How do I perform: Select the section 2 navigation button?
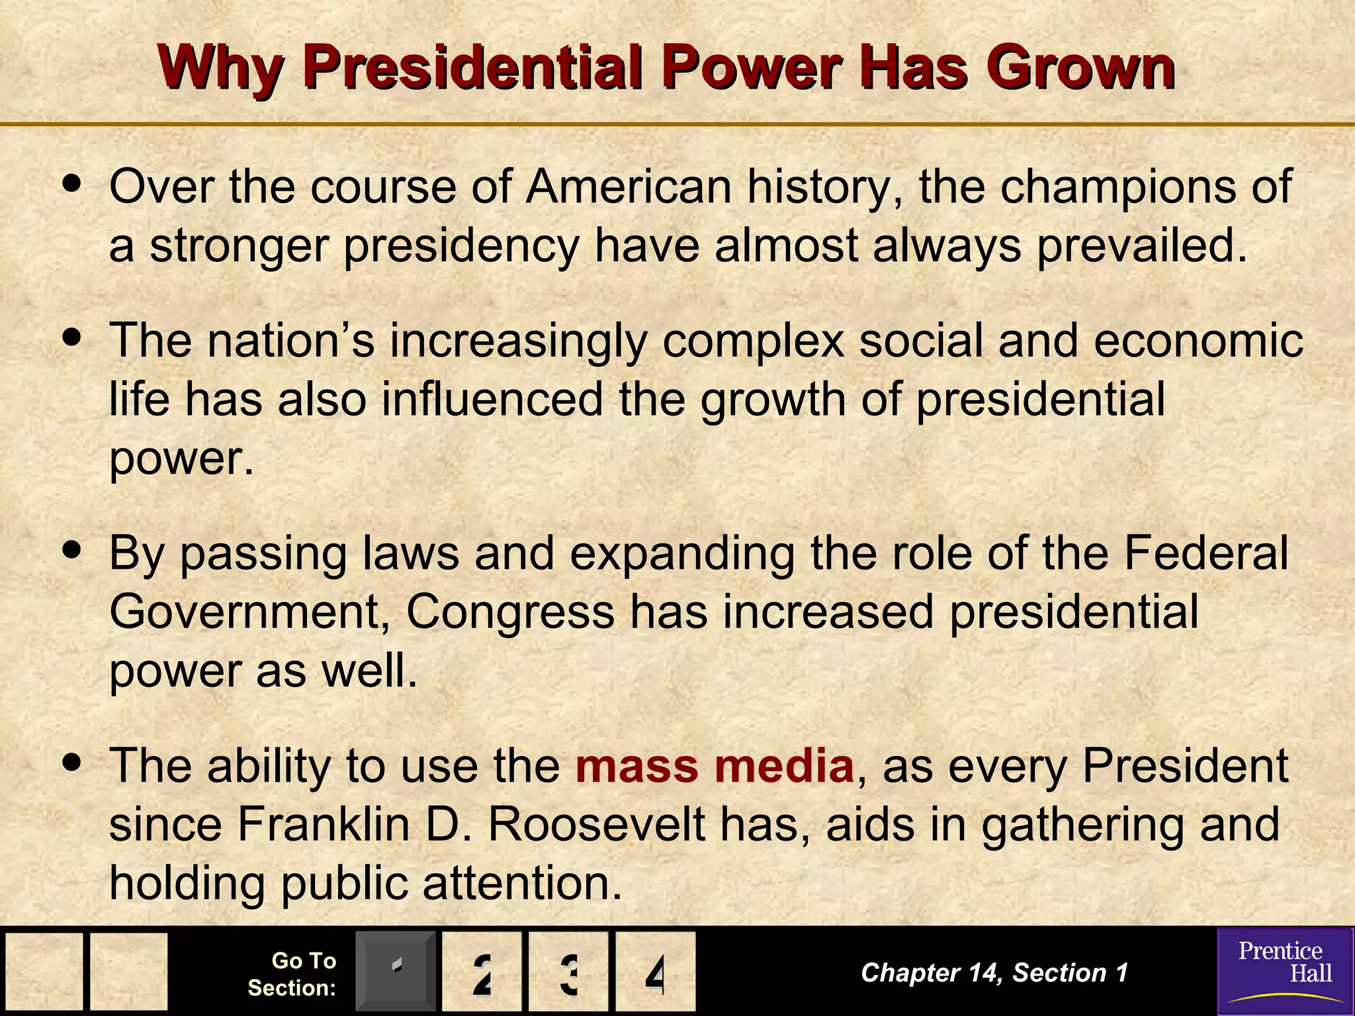[x=482, y=972]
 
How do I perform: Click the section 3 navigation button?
[x=568, y=972]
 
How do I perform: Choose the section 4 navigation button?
[x=655, y=972]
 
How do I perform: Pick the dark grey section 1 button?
[x=396, y=972]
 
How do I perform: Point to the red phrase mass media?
[x=715, y=766]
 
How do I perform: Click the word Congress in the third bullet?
[x=510, y=611]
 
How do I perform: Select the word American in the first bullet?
[x=629, y=187]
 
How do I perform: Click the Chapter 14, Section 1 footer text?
[x=994, y=972]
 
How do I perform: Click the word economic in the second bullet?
[x=1198, y=341]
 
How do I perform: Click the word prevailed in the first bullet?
[x=1141, y=245]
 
